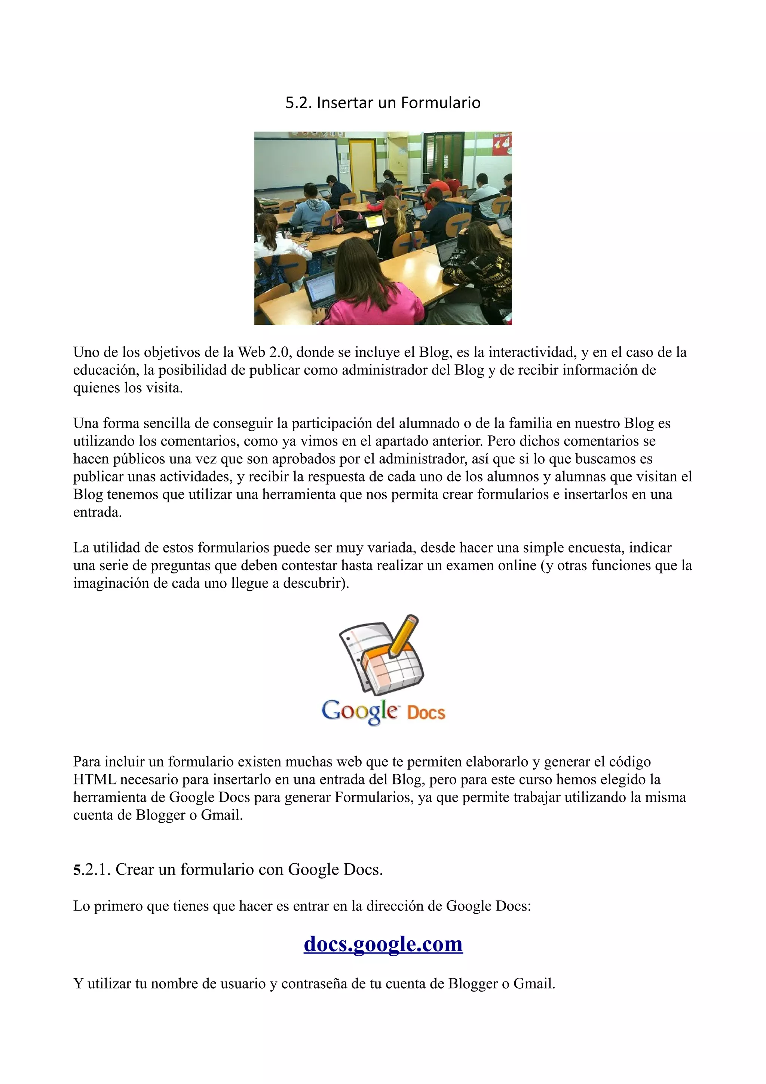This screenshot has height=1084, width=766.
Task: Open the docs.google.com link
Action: click(383, 943)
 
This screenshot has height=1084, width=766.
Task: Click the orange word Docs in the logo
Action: click(426, 712)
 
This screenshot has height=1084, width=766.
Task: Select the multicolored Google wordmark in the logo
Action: click(360, 711)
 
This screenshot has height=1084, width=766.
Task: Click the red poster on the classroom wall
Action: click(502, 144)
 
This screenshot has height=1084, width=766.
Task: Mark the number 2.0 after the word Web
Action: click(278, 352)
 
